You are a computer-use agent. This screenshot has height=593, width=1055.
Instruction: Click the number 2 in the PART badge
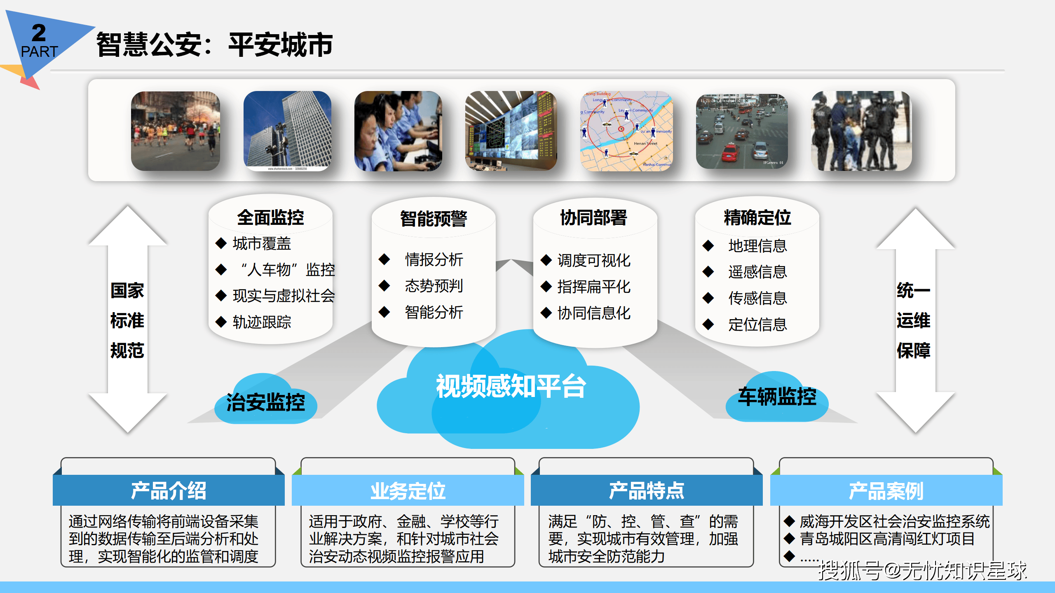(39, 33)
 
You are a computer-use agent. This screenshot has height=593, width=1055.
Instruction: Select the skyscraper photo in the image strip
(287, 131)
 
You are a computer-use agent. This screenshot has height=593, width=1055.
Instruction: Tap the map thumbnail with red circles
(626, 131)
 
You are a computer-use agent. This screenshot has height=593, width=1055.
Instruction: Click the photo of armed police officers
(861, 131)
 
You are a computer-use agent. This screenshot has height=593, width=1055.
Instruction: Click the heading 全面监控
(270, 217)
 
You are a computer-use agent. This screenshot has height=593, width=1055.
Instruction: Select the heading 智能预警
(434, 218)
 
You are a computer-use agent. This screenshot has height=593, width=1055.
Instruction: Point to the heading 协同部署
(593, 217)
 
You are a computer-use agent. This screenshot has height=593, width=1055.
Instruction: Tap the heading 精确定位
(757, 217)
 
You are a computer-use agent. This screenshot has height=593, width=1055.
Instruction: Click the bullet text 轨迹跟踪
(262, 322)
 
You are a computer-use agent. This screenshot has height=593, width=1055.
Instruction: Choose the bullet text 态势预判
(434, 286)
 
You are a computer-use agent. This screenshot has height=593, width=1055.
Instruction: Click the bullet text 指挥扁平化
(594, 287)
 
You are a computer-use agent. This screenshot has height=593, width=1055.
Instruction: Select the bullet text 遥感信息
(757, 272)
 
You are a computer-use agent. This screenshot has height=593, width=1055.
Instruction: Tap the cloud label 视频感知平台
(511, 386)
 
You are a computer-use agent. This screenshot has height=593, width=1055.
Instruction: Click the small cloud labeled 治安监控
(266, 402)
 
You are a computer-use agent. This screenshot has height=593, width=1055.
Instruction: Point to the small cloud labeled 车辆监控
(777, 397)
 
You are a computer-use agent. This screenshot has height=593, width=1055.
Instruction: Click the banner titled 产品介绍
(169, 490)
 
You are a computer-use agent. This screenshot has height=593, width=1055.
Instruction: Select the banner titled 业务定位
(408, 490)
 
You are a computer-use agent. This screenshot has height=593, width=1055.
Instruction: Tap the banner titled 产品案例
(886, 490)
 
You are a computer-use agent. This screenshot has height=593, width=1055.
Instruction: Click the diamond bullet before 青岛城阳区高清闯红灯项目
(789, 539)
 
